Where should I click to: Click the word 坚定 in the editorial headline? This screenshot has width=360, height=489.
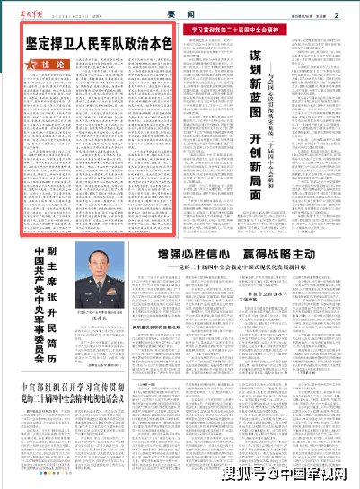pos(38,43)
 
